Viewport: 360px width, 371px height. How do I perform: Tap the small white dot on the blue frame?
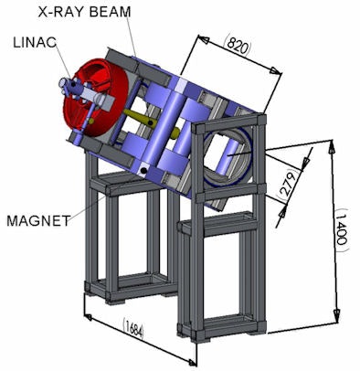(x=143, y=170)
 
